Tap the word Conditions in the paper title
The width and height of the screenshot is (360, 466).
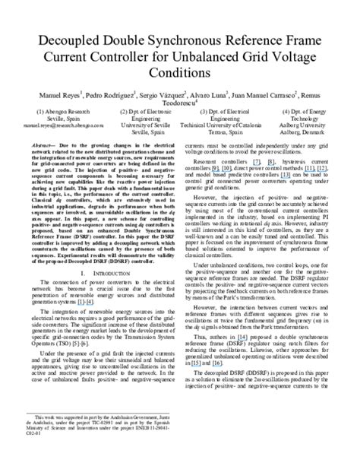point(180,68)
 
